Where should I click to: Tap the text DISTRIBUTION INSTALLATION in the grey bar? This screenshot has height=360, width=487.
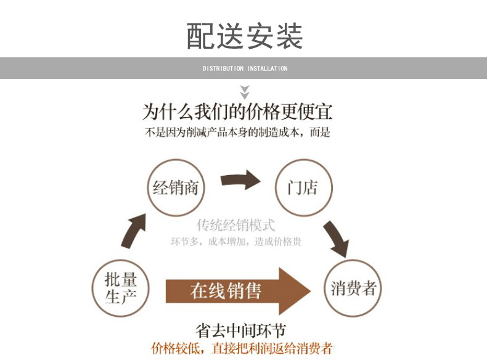[245, 68]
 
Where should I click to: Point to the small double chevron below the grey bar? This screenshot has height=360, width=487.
[245, 92]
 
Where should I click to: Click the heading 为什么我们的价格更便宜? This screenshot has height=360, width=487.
[238, 112]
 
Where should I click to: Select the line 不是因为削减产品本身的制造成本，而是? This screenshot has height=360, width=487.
[238, 133]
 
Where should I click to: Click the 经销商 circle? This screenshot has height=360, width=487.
[176, 187]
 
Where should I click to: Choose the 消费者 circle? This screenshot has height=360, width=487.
[353, 288]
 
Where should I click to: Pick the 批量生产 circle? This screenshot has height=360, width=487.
[121, 288]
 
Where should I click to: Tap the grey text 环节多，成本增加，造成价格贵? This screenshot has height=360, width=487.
[236, 242]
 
